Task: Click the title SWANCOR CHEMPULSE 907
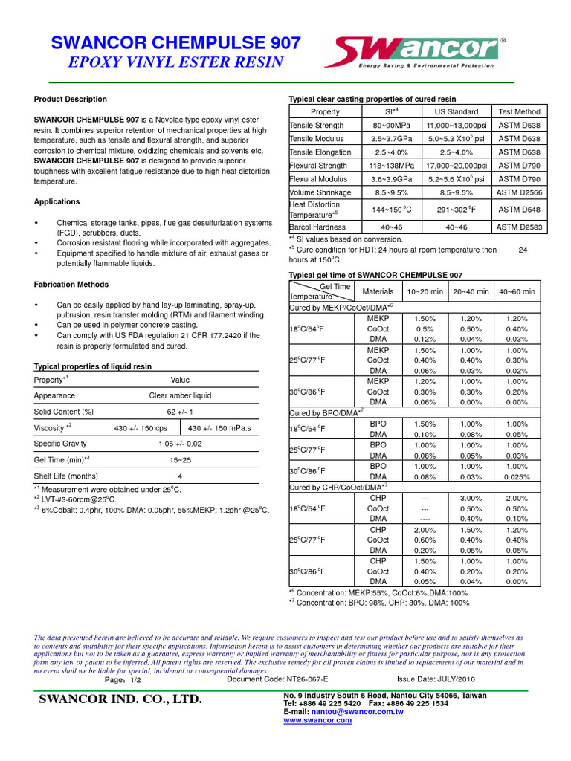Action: point(175,43)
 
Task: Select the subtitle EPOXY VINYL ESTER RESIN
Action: point(175,62)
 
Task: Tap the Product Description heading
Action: point(71,99)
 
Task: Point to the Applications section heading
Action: point(57,201)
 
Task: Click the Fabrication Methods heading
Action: point(71,285)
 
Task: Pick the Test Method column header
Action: point(519,111)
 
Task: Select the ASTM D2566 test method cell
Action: point(519,192)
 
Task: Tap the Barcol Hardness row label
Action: point(317,227)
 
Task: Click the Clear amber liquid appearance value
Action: point(180,395)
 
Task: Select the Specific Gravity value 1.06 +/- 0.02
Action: point(180,444)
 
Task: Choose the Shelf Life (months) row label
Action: point(66,476)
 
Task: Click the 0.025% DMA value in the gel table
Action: point(517,476)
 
